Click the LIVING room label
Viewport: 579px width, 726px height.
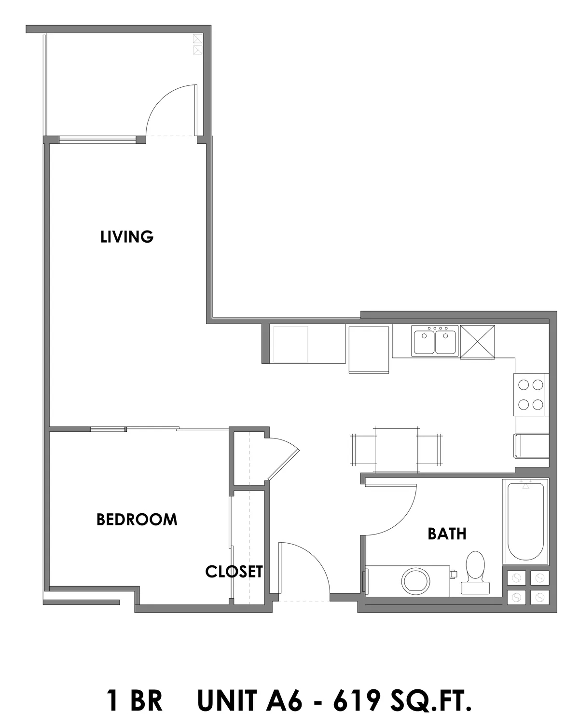pyautogui.click(x=127, y=237)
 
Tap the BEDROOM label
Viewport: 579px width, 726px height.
pyautogui.click(x=137, y=520)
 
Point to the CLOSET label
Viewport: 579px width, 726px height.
pyautogui.click(x=234, y=572)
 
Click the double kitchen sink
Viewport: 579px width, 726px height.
pyautogui.click(x=435, y=341)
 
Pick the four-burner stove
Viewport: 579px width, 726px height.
pyautogui.click(x=531, y=395)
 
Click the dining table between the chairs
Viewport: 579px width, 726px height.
pyautogui.click(x=396, y=450)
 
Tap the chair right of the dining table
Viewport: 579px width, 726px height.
pyautogui.click(x=429, y=450)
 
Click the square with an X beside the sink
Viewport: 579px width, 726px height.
pyautogui.click(x=478, y=342)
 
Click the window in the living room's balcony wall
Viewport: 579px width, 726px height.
pyautogui.click(x=98, y=139)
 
